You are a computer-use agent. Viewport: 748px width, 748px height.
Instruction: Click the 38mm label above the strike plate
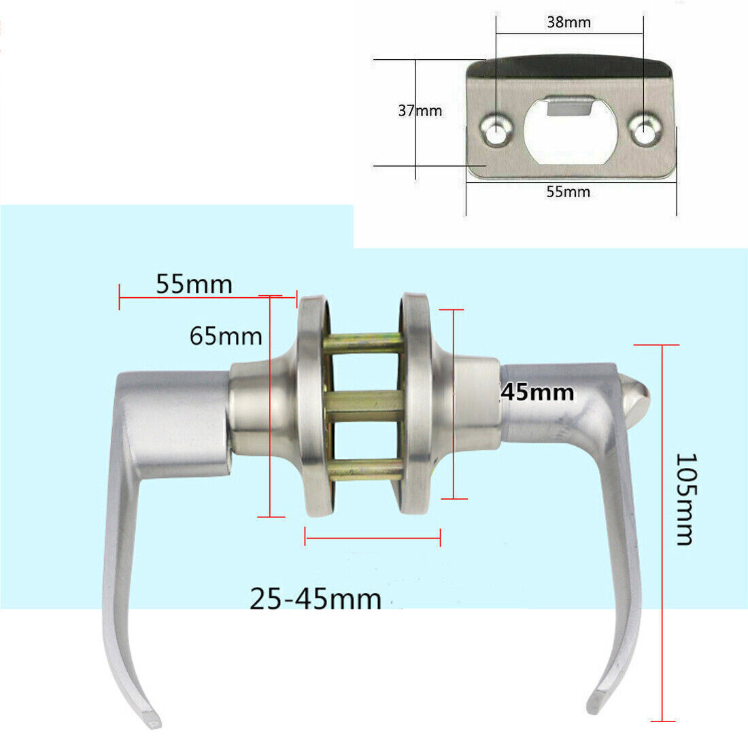coord(568,22)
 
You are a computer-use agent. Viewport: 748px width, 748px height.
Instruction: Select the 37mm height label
coord(420,110)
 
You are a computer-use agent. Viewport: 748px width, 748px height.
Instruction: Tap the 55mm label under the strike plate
coord(568,192)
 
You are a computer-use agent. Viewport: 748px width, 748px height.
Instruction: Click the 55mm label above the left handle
coord(194,284)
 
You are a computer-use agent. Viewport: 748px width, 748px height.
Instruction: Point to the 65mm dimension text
coord(226,336)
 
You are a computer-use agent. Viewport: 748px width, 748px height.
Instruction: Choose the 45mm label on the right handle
coord(538,392)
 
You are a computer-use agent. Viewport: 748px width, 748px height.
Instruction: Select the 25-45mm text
coord(316,599)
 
